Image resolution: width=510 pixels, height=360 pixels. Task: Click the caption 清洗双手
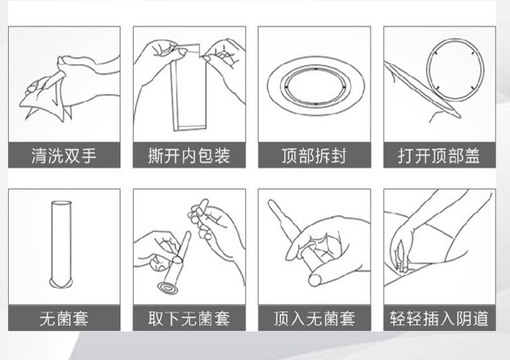(x=64, y=156)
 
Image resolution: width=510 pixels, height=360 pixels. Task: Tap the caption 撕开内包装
(x=189, y=156)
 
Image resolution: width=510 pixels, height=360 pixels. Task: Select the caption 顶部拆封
(x=314, y=156)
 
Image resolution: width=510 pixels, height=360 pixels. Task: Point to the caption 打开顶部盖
(x=439, y=156)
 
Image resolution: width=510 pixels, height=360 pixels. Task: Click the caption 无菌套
(x=64, y=318)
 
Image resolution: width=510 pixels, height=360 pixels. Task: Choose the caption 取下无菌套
(x=189, y=318)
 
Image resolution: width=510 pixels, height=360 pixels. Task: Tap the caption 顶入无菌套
(x=314, y=318)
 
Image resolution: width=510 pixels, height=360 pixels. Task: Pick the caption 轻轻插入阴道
(x=439, y=318)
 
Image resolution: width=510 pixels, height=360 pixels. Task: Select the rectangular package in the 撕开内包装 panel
(x=189, y=94)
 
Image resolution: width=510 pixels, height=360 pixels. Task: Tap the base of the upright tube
(x=61, y=283)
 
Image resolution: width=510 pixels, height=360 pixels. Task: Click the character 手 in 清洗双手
(x=88, y=156)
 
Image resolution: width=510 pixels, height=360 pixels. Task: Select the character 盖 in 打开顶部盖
(x=472, y=156)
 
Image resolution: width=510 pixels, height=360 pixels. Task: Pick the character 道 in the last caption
(x=480, y=318)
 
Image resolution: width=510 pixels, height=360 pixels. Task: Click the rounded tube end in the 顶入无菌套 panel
(x=315, y=280)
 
